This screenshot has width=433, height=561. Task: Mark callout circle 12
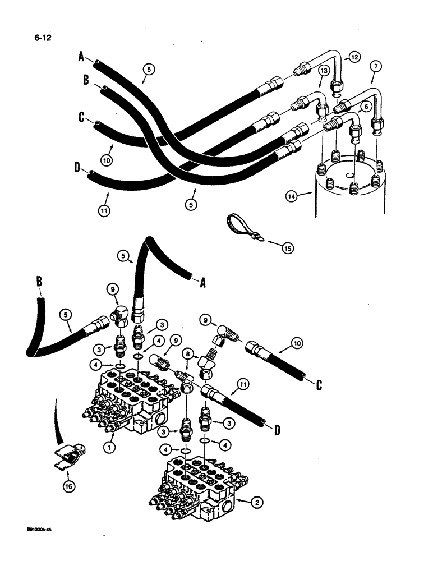point(353,56)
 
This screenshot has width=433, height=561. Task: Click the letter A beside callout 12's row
point(81,57)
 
